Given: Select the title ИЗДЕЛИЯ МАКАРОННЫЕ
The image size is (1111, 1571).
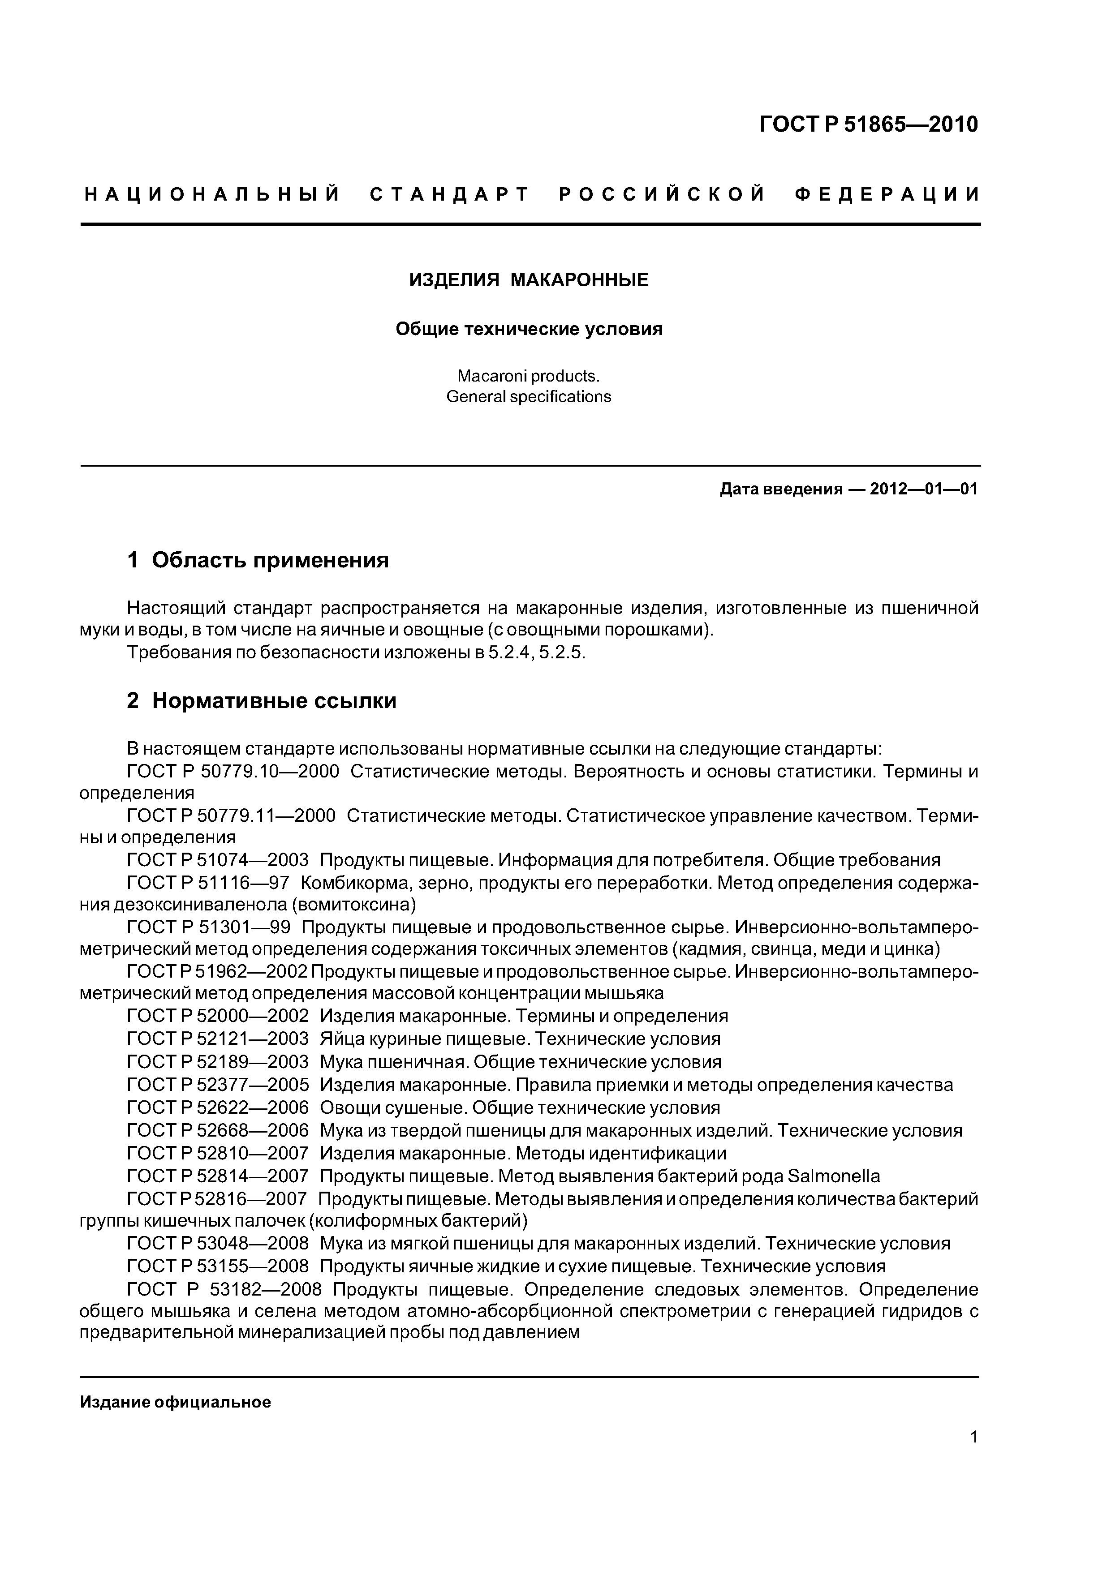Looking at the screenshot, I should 529,280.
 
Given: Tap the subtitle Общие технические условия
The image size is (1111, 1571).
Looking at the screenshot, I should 529,329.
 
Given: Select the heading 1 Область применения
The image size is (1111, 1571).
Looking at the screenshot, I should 258,560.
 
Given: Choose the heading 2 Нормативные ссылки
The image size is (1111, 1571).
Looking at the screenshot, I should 262,701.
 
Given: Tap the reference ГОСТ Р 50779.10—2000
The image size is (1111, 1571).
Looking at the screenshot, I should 233,771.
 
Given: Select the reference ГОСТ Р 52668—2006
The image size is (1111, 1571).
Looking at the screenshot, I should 218,1130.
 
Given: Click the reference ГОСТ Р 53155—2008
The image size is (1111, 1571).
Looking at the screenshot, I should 218,1266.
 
